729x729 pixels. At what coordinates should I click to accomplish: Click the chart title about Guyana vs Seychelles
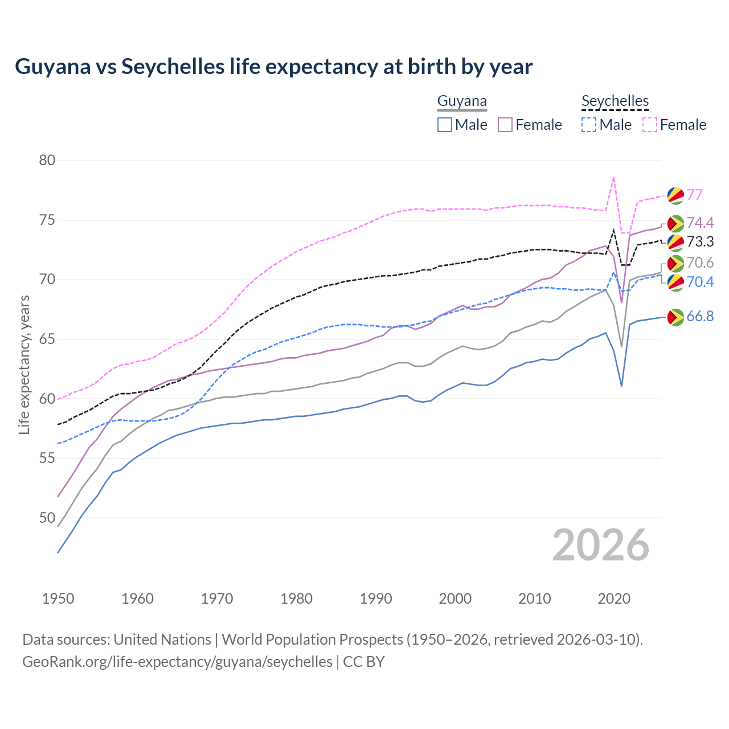coord(273,67)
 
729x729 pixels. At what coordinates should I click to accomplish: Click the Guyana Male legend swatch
coord(445,125)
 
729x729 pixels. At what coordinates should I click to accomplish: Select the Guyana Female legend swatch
coord(505,125)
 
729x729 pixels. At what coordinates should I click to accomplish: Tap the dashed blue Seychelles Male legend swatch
coord(589,125)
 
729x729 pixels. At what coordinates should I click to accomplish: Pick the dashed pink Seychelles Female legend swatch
coord(650,125)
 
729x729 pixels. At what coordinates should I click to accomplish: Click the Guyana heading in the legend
coord(462,101)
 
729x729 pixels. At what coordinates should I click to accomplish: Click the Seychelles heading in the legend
coord(615,101)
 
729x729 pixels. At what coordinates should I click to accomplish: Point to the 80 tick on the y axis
coord(47,160)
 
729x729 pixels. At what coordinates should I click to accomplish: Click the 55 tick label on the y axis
coord(47,458)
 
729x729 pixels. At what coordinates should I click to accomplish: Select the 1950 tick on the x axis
coord(58,599)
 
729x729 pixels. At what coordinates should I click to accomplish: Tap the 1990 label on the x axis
coord(376,599)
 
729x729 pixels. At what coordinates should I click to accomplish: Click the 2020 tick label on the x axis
coord(614,599)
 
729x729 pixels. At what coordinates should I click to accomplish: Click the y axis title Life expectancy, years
coord(24,364)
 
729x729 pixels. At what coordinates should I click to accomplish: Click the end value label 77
coord(694,195)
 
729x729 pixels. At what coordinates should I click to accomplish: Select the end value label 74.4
coord(700,223)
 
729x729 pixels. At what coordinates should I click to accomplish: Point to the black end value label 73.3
coord(700,242)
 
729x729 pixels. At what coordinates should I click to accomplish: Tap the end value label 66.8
coord(700,317)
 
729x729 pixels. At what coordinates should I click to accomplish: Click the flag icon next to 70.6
coord(675,263)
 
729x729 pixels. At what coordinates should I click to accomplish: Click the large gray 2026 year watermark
coord(601,545)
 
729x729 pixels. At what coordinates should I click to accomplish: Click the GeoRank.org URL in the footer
coord(177,662)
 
